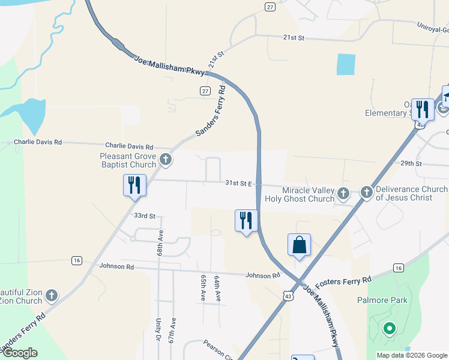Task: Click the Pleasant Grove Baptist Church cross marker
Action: pos(166,160)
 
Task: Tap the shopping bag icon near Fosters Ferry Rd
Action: pos(299,245)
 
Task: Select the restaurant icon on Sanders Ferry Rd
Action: pos(134,185)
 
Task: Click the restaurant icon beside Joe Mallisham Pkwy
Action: pos(246,220)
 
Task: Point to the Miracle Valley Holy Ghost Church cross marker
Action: pos(343,193)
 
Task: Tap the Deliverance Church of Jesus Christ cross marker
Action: pos(366,193)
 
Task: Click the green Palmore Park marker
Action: pos(389,328)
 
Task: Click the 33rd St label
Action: pos(145,215)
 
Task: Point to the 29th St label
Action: pos(412,163)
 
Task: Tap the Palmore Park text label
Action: pos(391,300)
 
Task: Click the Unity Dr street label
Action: pos(159,331)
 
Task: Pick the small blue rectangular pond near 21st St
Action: pos(345,64)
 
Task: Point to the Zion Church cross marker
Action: pos(52,295)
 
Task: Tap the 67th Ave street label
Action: pos(173,331)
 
